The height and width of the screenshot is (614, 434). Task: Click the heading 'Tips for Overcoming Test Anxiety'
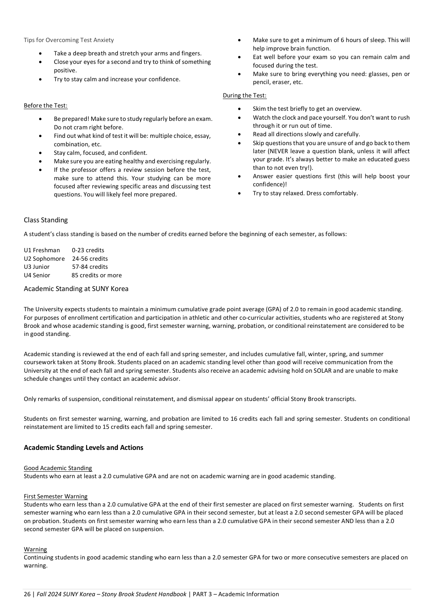[69, 40]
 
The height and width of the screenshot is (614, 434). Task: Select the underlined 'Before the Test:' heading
[46, 105]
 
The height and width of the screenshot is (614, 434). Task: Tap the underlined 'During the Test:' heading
[245, 95]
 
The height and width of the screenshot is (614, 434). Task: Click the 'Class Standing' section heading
[46, 220]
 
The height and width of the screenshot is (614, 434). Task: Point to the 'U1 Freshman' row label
[42, 250]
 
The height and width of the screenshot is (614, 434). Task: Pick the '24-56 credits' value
[90, 259]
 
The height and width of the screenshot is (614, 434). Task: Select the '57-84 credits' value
[90, 267]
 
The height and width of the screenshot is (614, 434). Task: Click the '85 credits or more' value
[96, 275]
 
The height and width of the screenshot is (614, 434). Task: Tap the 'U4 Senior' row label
[37, 275]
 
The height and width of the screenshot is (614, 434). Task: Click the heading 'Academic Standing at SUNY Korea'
[76, 289]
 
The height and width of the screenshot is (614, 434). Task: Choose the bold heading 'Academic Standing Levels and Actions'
[84, 447]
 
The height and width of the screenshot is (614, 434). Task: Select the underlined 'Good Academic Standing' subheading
[58, 468]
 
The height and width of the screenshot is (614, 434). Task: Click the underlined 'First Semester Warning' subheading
[56, 496]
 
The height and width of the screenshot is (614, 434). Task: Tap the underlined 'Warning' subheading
[36, 549]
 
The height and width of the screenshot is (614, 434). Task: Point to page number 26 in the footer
[27, 594]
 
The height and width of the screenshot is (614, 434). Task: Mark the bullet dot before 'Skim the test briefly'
[239, 109]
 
